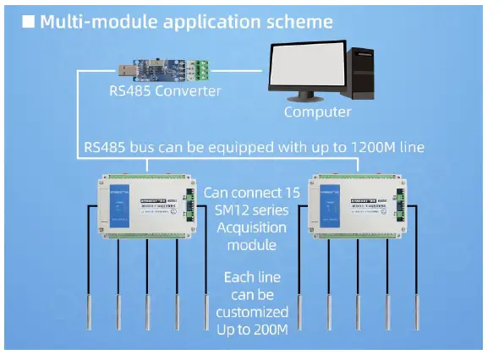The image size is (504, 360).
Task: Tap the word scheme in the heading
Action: (x=304, y=22)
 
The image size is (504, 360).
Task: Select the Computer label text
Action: (x=317, y=112)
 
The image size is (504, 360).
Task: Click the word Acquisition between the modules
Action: (x=256, y=227)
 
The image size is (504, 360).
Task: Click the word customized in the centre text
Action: (x=256, y=311)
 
